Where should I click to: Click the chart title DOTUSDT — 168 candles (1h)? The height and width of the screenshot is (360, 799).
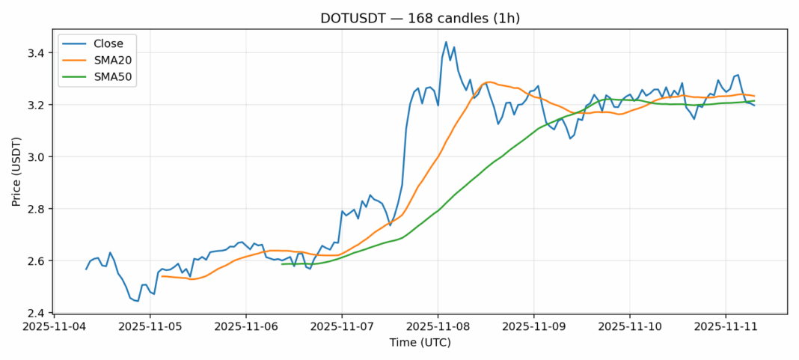point(420,19)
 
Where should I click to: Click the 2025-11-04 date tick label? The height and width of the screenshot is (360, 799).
point(54,326)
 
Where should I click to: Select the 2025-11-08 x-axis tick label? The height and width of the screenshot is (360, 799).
point(438,326)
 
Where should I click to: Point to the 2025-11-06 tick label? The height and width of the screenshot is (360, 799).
point(245,326)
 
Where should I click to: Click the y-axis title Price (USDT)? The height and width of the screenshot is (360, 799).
point(16,171)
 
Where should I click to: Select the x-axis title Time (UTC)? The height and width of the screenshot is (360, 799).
point(420,344)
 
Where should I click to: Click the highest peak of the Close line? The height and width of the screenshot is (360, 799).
point(446,42)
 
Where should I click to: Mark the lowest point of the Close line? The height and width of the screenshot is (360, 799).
point(138,302)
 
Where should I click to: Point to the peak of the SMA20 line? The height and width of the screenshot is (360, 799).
point(489,82)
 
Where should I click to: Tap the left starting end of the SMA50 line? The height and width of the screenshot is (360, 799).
point(282,264)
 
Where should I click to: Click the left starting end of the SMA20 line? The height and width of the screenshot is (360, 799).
point(162,276)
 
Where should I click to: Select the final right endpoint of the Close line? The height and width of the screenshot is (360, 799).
point(755,105)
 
